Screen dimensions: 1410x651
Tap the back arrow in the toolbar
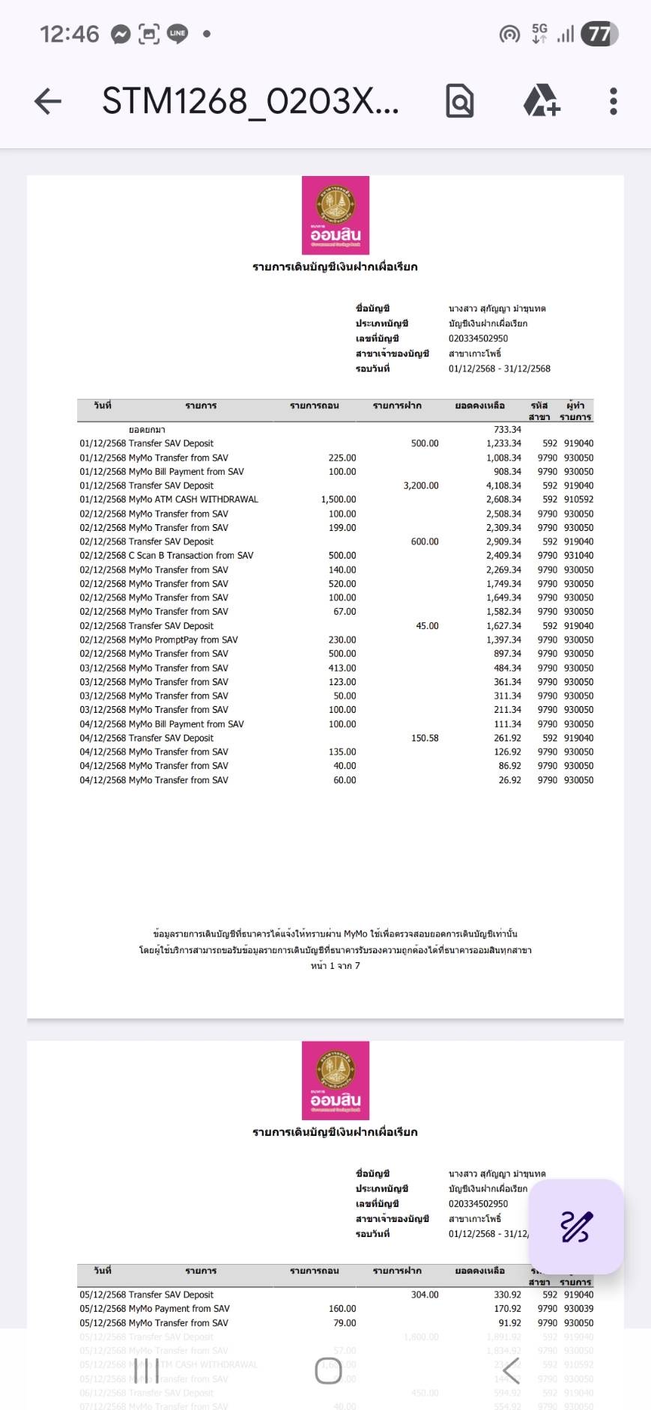(x=48, y=101)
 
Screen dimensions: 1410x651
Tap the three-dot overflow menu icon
(x=613, y=101)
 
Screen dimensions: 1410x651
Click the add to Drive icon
(x=541, y=101)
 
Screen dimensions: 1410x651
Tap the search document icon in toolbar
(x=459, y=101)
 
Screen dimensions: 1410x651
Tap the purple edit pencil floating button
(x=576, y=1227)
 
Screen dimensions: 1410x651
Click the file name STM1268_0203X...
(x=250, y=101)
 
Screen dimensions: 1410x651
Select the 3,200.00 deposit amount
(x=421, y=486)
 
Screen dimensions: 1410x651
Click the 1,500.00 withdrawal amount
(x=339, y=499)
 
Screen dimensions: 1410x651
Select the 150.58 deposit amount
(x=425, y=738)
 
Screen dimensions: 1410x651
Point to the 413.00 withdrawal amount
(x=342, y=668)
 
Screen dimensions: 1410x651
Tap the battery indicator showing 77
(x=599, y=34)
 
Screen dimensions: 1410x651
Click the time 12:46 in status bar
(x=69, y=34)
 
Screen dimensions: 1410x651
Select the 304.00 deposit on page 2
(x=425, y=1295)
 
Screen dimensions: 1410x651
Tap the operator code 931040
(x=578, y=556)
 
